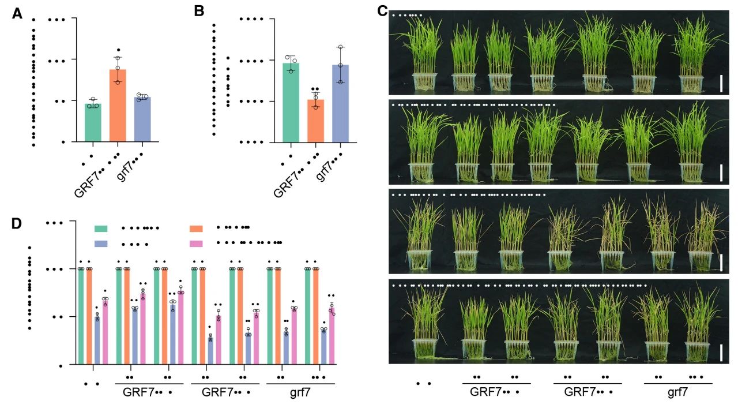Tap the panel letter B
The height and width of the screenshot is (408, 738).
click(199, 11)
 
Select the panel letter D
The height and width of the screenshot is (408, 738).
click(18, 223)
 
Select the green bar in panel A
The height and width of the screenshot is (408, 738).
click(93, 122)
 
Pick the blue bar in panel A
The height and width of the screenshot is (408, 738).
click(142, 119)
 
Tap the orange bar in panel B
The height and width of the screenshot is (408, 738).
click(315, 120)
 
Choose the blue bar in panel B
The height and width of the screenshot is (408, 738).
click(340, 103)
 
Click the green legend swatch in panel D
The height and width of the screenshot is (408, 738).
click(101, 229)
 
